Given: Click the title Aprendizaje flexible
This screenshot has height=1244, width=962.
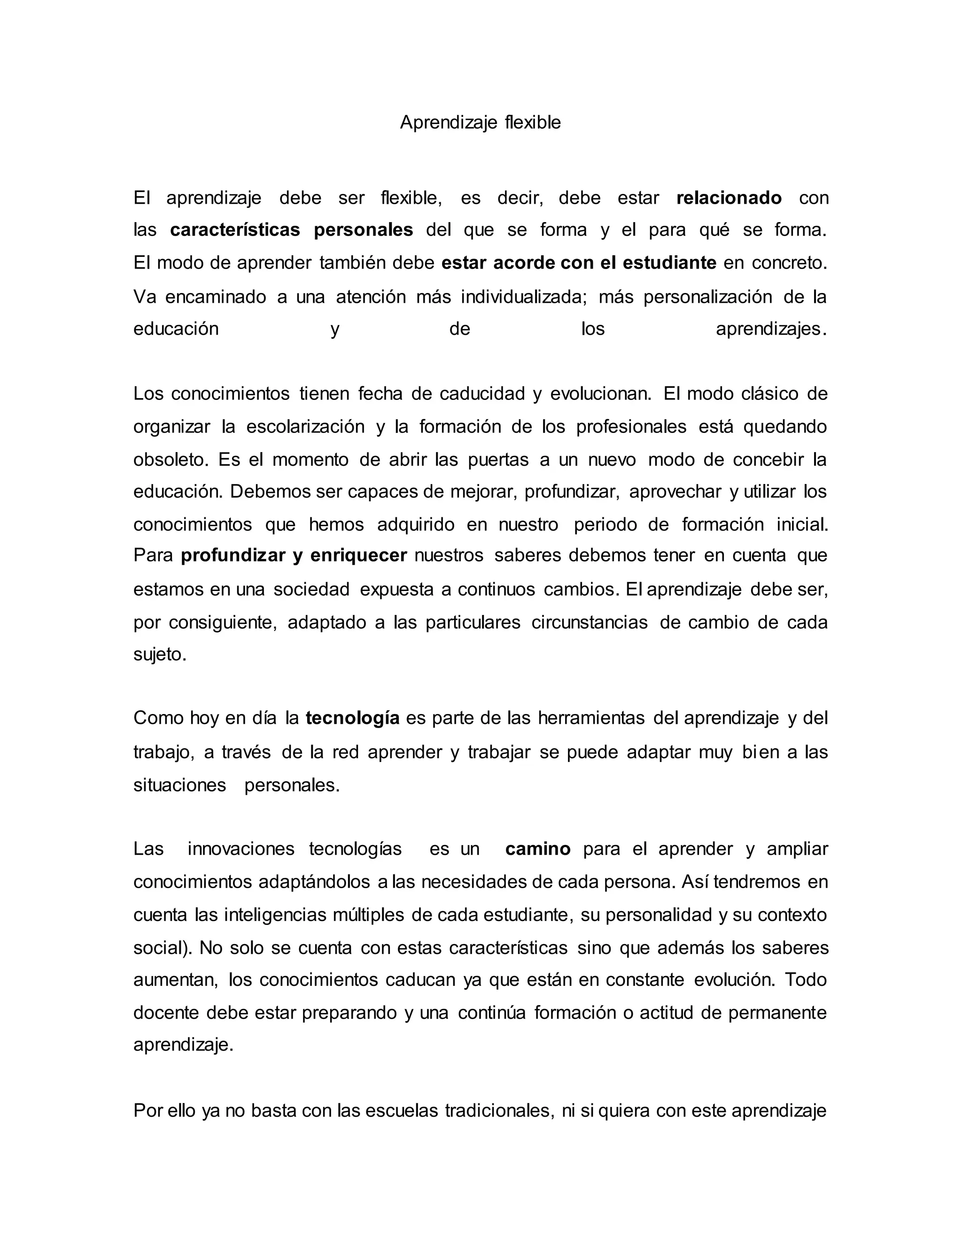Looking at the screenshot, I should [x=481, y=123].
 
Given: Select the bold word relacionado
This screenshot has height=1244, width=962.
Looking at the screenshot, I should [x=729, y=198].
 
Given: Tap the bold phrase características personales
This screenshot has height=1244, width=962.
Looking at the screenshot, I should [x=291, y=230].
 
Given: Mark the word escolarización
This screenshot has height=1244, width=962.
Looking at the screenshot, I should [x=305, y=427].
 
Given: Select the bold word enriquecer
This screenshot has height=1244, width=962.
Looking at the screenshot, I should [x=358, y=555].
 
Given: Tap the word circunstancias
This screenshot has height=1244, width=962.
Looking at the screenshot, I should [x=590, y=622].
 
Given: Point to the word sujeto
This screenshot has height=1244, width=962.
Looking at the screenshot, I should [x=160, y=654].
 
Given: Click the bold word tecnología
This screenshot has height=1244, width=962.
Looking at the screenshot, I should [x=352, y=718].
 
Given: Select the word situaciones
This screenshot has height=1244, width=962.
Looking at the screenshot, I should [x=179, y=785].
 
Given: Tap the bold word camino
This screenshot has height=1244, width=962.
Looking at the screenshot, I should [x=537, y=849].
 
